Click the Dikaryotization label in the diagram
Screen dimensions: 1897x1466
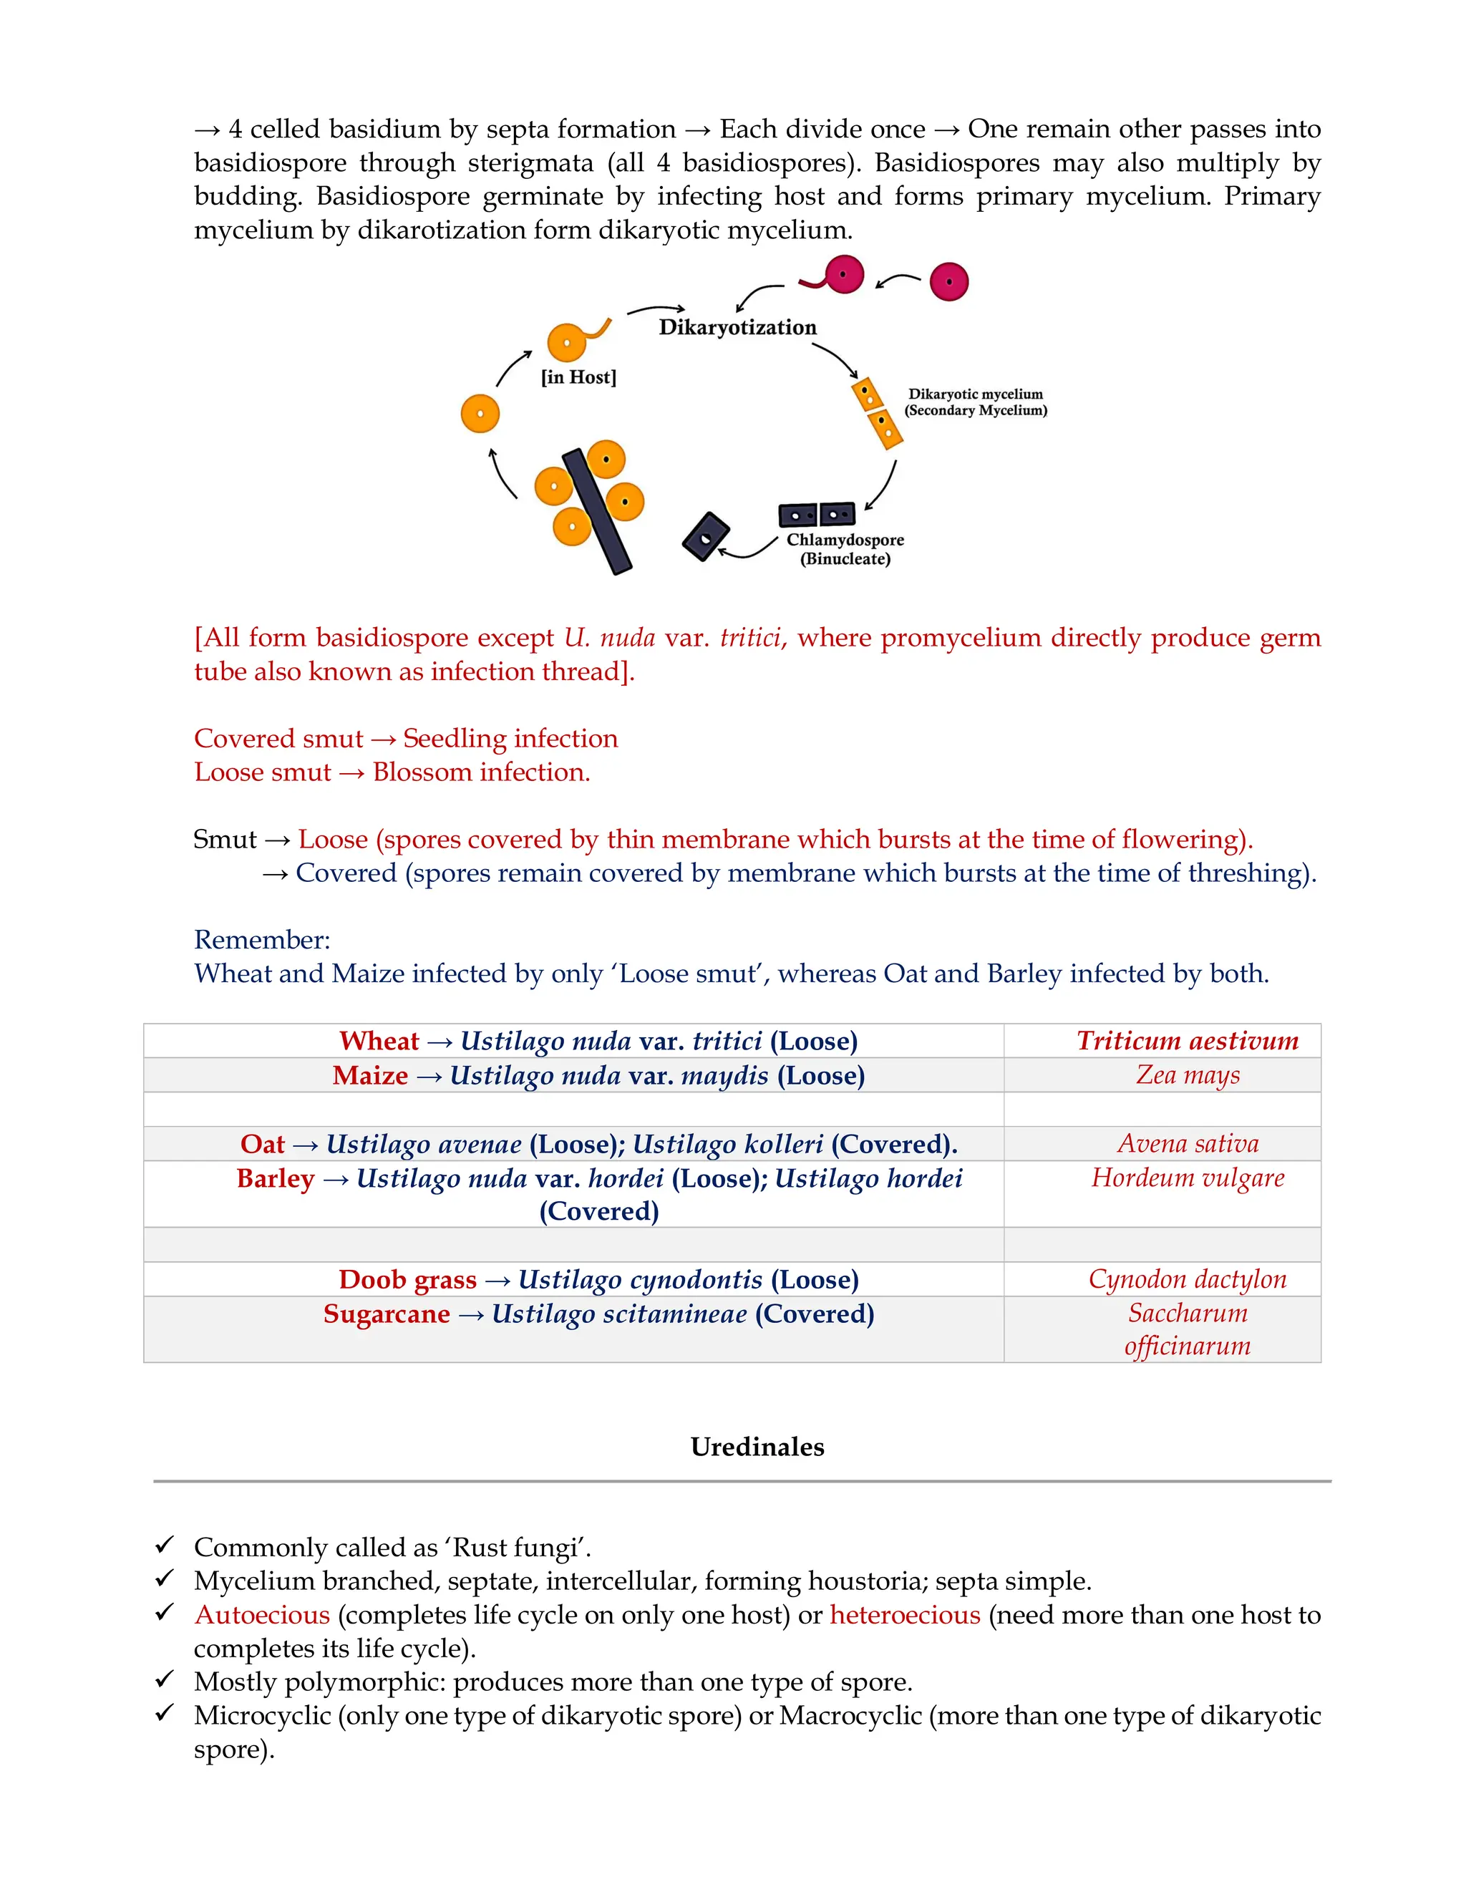[x=737, y=327]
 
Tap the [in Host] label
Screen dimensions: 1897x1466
[x=578, y=377]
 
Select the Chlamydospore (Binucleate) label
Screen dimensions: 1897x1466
[x=845, y=549]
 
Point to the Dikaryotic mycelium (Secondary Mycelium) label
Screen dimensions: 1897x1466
[x=976, y=402]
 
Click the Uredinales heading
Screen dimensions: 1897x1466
[x=757, y=1446]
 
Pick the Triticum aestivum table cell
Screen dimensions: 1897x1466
[x=1188, y=1041]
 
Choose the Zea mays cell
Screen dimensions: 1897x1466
[x=1188, y=1074]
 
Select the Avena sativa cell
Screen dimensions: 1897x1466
[x=1188, y=1143]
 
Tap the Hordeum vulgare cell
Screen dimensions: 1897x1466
[x=1188, y=1178]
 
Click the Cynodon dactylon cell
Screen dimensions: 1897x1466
[x=1188, y=1279]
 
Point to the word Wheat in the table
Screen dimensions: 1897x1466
[x=379, y=1041]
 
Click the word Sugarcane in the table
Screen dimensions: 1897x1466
[x=387, y=1314]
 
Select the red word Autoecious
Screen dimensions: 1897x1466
[x=262, y=1615]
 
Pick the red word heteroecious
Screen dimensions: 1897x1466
[x=905, y=1615]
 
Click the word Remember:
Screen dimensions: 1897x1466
[x=262, y=939]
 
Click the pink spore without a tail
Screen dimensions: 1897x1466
[x=948, y=281]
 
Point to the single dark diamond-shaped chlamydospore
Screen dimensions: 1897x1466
[x=705, y=537]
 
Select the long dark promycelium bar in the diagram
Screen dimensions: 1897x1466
[x=598, y=512]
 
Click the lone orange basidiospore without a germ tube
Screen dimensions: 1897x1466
[x=480, y=414]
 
